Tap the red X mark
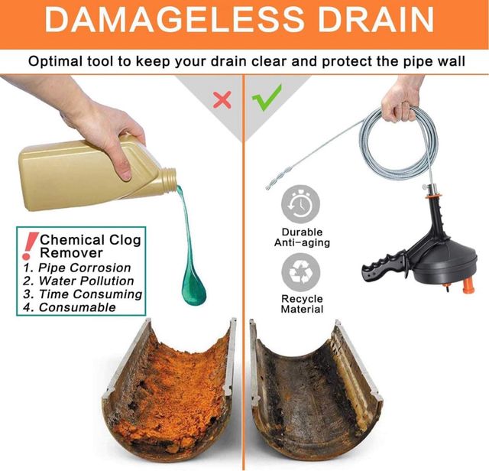click(222, 99)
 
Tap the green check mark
click(267, 97)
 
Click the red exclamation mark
click(30, 245)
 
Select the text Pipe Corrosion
click(85, 268)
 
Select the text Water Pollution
click(86, 281)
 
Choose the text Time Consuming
click(90, 294)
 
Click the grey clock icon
click(300, 205)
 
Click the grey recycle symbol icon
click(301, 272)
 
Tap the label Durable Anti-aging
click(302, 237)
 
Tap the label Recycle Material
click(302, 304)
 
